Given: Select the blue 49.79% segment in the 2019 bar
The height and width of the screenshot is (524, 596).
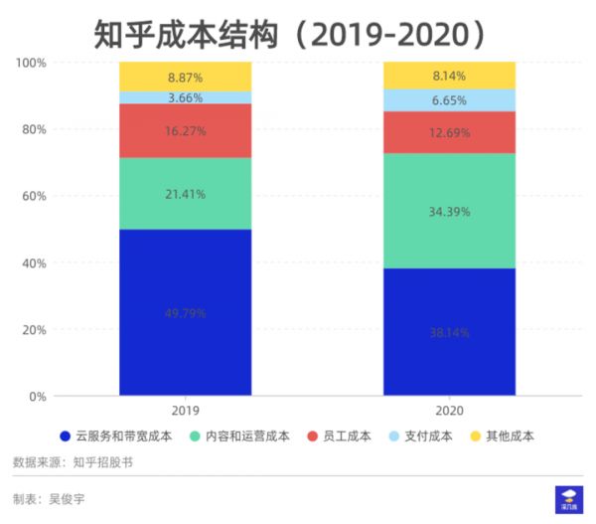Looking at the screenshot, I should (x=186, y=312).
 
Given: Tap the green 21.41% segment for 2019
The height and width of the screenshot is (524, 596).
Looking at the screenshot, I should (x=186, y=194).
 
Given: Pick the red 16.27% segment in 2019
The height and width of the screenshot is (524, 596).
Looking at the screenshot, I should (x=186, y=130).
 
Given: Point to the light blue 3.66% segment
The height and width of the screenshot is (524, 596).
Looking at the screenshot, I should (x=186, y=97).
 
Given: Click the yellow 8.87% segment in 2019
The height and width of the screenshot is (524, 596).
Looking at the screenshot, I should (x=186, y=77).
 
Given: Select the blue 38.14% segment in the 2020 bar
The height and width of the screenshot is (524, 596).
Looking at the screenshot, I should (x=449, y=332).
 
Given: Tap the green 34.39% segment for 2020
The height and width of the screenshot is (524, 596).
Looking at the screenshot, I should (x=449, y=211).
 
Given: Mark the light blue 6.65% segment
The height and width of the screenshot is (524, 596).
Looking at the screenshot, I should (x=449, y=100).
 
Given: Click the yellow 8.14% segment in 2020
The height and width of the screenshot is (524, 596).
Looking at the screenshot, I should (x=449, y=75).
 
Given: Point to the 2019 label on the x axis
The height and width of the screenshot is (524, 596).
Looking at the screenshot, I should (x=186, y=410).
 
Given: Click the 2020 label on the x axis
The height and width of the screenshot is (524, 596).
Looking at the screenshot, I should (x=449, y=410).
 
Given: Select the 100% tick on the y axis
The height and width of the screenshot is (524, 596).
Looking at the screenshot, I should (x=31, y=63).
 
